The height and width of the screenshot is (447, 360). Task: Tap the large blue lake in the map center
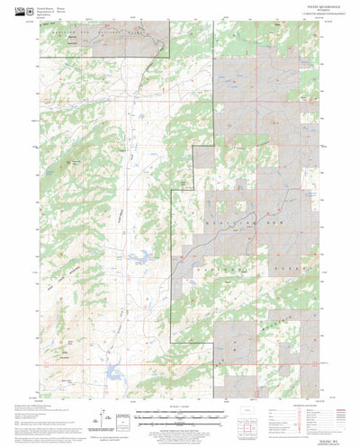140,258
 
